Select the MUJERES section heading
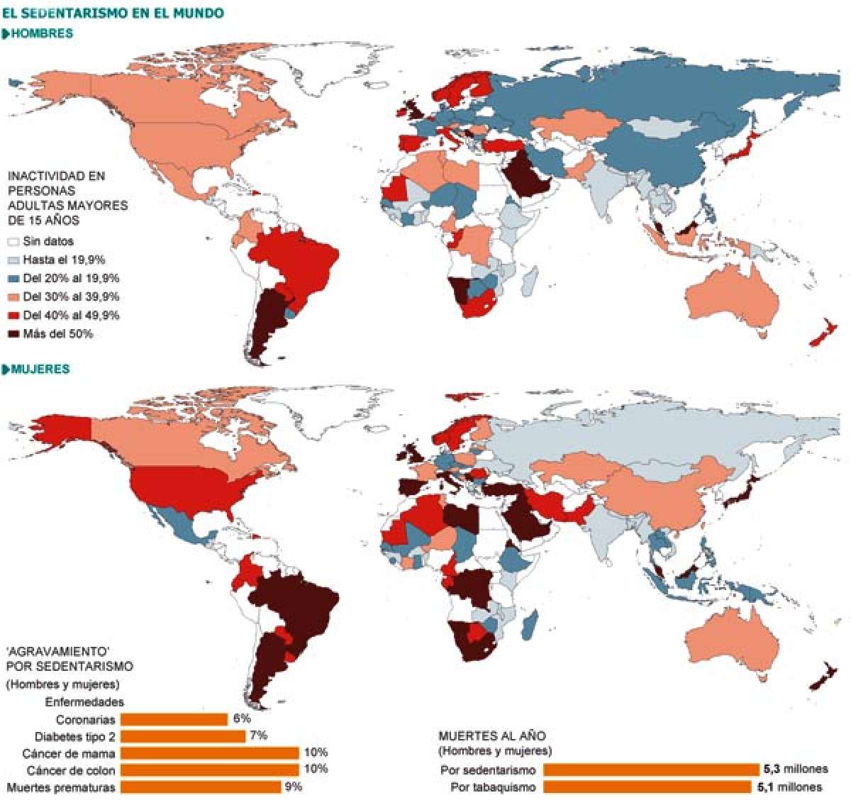pyautogui.click(x=40, y=369)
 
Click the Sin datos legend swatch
pyautogui.click(x=13, y=242)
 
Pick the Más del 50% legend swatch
pyautogui.click(x=13, y=334)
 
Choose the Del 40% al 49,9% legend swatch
pyautogui.click(x=13, y=316)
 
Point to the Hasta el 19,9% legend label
pyautogui.click(x=64, y=260)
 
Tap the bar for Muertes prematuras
pyautogui.click(x=200, y=787)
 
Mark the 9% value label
pyautogui.click(x=293, y=786)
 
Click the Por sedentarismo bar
pyautogui.click(x=651, y=770)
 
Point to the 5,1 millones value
pyautogui.click(x=793, y=787)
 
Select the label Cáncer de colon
pyautogui.click(x=70, y=770)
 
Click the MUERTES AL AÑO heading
pyautogui.click(x=492, y=736)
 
